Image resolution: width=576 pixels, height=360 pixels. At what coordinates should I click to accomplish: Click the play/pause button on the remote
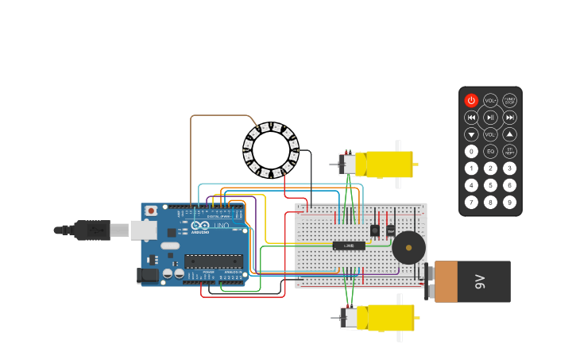(x=490, y=118)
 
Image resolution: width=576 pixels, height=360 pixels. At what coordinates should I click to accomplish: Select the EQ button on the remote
(x=490, y=151)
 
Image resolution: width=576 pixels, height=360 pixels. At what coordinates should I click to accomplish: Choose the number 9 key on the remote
(x=509, y=202)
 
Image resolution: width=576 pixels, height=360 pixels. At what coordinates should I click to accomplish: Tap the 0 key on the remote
(x=471, y=151)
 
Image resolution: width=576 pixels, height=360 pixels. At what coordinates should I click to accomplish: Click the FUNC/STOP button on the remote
(x=509, y=101)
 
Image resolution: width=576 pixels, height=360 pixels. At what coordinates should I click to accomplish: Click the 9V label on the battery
(x=479, y=281)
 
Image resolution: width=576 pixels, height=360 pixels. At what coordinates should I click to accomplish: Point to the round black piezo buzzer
(x=408, y=248)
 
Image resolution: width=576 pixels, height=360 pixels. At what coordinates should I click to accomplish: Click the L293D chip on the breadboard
(x=349, y=246)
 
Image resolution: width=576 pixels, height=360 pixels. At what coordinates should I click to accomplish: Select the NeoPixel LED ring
(x=270, y=150)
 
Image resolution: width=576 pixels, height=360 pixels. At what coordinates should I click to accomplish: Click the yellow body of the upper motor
(x=385, y=164)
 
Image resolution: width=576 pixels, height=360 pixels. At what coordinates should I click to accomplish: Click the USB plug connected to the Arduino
(x=95, y=230)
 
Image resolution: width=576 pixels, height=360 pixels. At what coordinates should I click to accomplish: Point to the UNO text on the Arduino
(x=221, y=225)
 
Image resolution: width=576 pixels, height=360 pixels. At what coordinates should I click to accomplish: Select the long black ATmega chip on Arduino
(x=213, y=261)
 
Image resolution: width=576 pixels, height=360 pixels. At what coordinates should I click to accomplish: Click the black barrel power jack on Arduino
(x=148, y=276)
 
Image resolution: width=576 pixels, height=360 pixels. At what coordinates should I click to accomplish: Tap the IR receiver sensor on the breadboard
(x=374, y=230)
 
